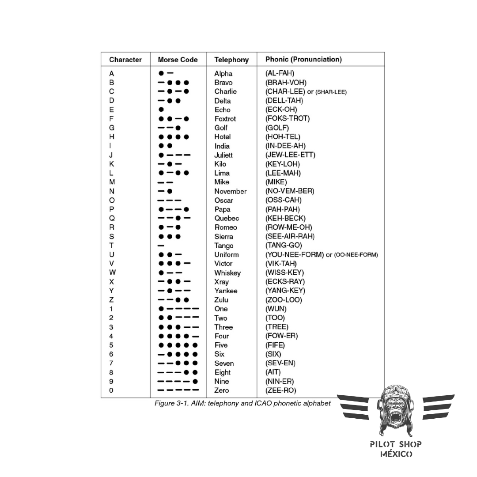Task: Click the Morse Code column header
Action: pyautogui.click(x=178, y=60)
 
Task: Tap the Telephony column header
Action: pyautogui.click(x=231, y=60)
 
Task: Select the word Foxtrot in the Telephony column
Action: pyautogui.click(x=225, y=119)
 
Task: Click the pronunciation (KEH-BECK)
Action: pyautogui.click(x=285, y=218)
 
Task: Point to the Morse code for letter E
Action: pyautogui.click(x=161, y=110)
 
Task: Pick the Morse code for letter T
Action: pyautogui.click(x=161, y=246)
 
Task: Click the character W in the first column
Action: pyautogui.click(x=112, y=273)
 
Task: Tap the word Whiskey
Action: pyautogui.click(x=227, y=273)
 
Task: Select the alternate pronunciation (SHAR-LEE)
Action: pyautogui.click(x=331, y=92)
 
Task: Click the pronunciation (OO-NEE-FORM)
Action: pyautogui.click(x=356, y=255)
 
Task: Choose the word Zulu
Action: pyautogui.click(x=221, y=300)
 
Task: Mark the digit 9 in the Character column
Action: pyautogui.click(x=111, y=381)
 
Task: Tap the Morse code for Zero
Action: pyautogui.click(x=178, y=390)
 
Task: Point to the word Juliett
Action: pyautogui.click(x=223, y=155)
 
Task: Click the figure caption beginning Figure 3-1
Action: pyautogui.click(x=242, y=404)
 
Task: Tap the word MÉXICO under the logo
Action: pyautogui.click(x=396, y=454)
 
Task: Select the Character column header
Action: pyautogui.click(x=125, y=60)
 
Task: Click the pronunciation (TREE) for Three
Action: pyautogui.click(x=277, y=327)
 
